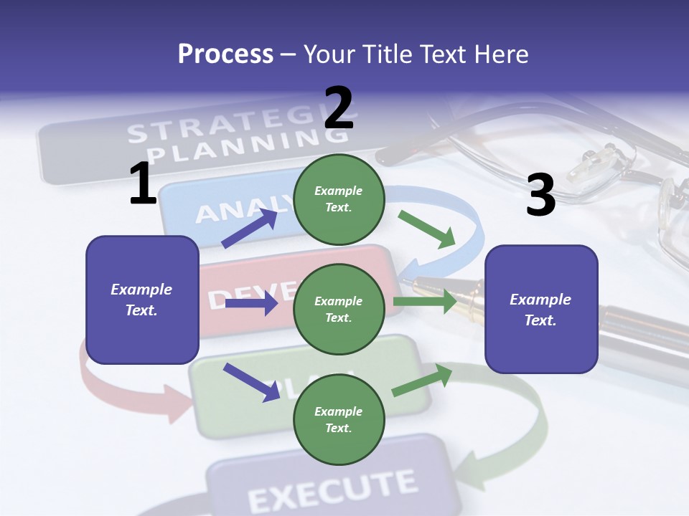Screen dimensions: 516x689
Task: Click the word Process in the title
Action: (x=225, y=54)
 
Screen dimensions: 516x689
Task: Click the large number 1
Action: (x=143, y=183)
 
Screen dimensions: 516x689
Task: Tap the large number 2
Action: (x=339, y=108)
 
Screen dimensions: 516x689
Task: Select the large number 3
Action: (x=540, y=195)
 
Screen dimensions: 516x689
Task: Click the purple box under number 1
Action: (x=141, y=300)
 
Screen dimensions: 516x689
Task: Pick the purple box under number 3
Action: (x=540, y=309)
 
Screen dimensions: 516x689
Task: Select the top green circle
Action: (x=339, y=199)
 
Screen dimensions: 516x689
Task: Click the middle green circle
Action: (x=339, y=309)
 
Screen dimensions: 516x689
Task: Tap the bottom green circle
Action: (x=339, y=419)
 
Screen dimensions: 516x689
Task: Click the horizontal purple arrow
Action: (x=251, y=304)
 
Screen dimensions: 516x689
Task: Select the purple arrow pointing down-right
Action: (x=251, y=382)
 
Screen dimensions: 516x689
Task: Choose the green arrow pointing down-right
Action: (x=427, y=229)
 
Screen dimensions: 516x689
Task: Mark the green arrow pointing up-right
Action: (x=422, y=381)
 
